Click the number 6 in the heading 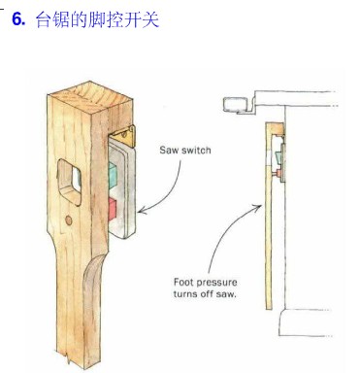coord(18,19)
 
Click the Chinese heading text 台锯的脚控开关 coord(97,19)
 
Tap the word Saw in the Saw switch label coord(169,151)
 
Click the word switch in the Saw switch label coord(196,151)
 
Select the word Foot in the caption coord(183,282)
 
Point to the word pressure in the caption coord(216,283)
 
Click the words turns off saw coord(205,294)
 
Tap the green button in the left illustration coord(112,175)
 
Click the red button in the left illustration coord(112,207)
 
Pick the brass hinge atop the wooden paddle coord(124,136)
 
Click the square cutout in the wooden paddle coord(69,183)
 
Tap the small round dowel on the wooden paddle coord(69,220)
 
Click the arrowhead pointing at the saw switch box coord(143,211)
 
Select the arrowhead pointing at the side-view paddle coord(258,207)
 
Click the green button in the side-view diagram coord(278,158)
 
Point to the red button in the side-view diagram coord(278,174)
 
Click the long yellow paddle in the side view coord(269,217)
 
